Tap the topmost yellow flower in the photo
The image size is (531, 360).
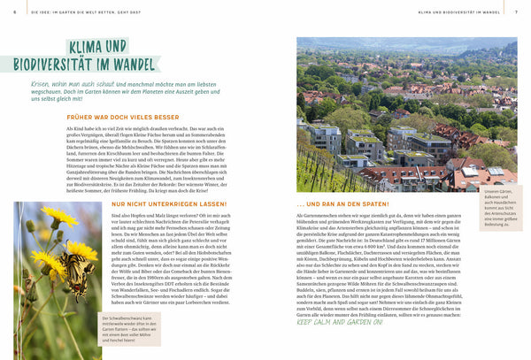pos(62,216)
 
